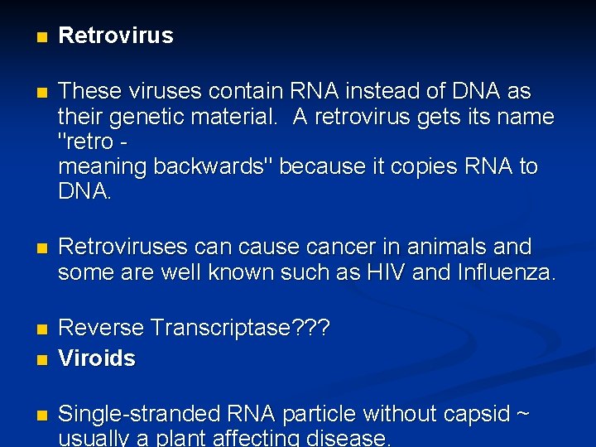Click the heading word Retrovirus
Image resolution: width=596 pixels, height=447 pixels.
point(116,36)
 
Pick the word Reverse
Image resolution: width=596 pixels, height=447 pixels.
point(101,329)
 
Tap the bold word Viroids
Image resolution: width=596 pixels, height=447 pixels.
point(97,358)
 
